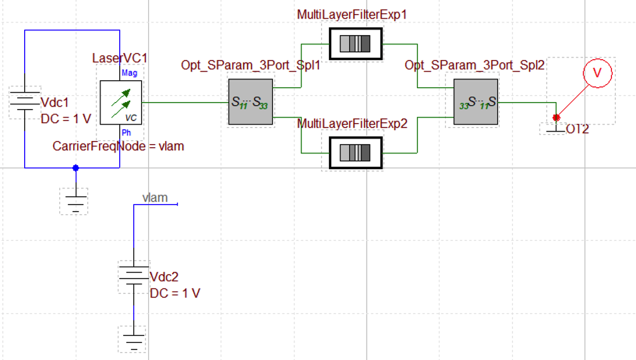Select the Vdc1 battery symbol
25,101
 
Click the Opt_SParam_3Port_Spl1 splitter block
249,101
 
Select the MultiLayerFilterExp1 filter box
355,44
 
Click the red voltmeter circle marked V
598,72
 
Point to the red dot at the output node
556,118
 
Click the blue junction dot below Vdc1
76,168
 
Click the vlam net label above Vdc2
155,198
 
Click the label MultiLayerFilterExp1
352,15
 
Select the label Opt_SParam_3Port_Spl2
474,65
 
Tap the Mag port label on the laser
129,72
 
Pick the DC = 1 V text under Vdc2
175,293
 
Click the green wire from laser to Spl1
184,101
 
